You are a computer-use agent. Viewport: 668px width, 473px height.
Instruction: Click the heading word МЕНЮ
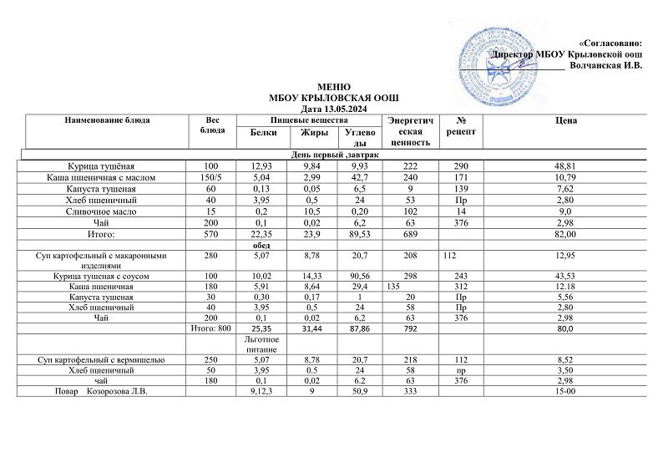click(334, 87)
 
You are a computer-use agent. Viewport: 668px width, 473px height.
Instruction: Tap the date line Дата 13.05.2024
click(334, 108)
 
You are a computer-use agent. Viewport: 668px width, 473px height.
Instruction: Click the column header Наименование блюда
click(107, 121)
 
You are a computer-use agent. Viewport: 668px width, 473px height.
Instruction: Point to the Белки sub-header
click(263, 132)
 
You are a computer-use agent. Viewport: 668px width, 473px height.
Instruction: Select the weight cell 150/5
click(214, 178)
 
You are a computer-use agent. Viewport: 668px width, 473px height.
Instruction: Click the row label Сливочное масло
click(106, 211)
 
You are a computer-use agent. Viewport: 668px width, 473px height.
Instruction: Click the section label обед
click(263, 246)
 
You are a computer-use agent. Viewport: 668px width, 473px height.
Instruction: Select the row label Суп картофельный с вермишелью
click(106, 359)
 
